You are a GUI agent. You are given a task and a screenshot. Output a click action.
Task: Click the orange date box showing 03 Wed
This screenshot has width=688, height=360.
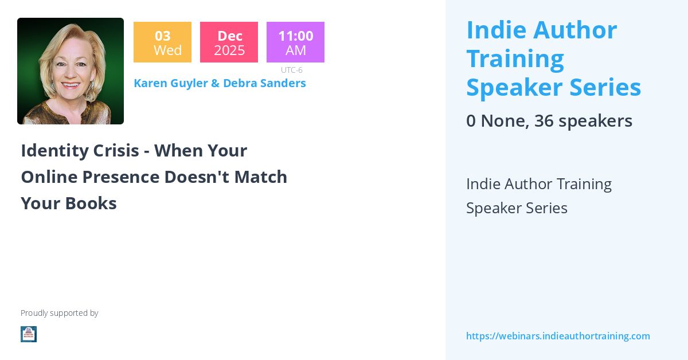coord(162,42)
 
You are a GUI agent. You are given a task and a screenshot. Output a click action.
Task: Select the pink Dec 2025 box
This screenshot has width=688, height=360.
coord(229,42)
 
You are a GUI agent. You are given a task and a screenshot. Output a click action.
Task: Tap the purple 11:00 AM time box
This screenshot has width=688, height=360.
coord(295,42)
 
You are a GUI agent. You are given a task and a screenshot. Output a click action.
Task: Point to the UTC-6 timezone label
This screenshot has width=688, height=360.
coord(291,70)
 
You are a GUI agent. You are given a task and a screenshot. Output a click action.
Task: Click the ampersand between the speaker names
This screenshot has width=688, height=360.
coord(215,83)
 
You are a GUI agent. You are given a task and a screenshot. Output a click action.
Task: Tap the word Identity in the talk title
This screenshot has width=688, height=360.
coord(54,151)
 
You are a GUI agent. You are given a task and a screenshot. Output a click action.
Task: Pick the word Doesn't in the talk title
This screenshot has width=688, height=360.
coord(197,177)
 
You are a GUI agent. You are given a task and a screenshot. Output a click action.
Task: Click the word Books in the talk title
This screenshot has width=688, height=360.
coord(91,204)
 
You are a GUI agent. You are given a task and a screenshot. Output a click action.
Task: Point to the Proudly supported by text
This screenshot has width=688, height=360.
coord(59,313)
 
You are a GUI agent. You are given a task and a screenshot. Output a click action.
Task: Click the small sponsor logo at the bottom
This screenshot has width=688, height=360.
coord(29,334)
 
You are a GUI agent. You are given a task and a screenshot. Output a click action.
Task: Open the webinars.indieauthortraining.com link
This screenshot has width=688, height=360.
coord(558,336)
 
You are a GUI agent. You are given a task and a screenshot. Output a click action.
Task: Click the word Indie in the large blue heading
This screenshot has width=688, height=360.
coord(497,30)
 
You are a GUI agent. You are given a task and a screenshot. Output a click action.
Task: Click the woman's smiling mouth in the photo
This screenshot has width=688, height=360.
coord(71,85)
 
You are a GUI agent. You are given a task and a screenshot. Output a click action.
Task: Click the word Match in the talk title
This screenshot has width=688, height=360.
coord(261,177)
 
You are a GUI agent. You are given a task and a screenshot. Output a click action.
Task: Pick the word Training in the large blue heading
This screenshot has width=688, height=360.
coord(515,59)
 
